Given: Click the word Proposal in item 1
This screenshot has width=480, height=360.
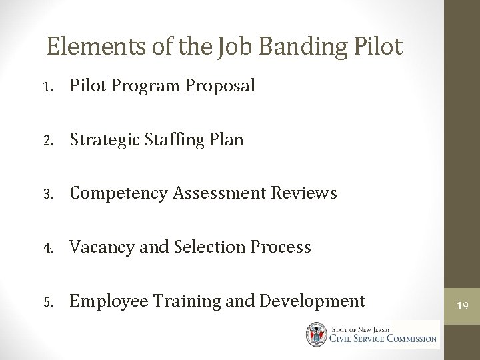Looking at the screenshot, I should [x=221, y=86].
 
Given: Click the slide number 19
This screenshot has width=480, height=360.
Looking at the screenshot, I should [x=462, y=306].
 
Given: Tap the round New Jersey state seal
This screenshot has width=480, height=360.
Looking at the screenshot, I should [x=317, y=333].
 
